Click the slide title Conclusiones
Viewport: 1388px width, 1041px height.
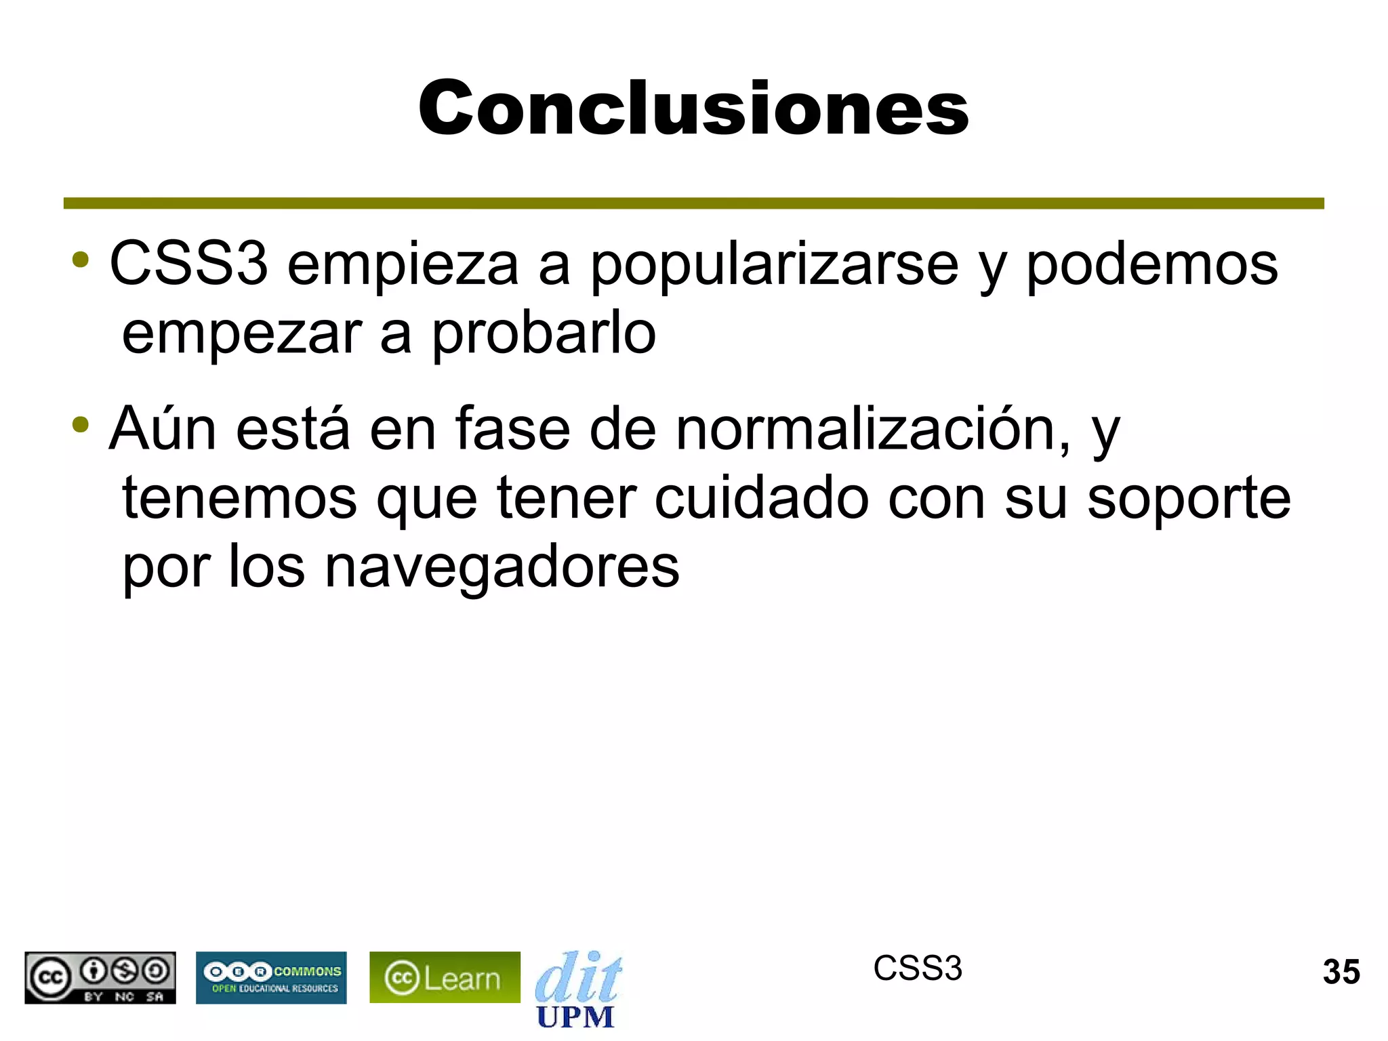click(693, 108)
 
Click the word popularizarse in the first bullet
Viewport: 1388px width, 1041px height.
click(775, 266)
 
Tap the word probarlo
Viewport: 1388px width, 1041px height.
click(544, 334)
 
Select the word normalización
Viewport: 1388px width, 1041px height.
click(873, 430)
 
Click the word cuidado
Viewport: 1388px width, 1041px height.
click(761, 499)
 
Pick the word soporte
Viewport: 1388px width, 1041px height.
click(1189, 499)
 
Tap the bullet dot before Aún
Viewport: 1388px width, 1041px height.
click(81, 426)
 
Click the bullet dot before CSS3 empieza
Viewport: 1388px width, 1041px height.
click(81, 260)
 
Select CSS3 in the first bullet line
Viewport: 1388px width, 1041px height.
click(188, 264)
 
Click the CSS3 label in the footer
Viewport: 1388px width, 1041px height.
click(917, 968)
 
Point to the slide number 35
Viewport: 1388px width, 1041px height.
click(1341, 972)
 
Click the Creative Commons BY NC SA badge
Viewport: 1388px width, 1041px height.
click(100, 977)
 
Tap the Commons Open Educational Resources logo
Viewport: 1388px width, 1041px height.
click(271, 977)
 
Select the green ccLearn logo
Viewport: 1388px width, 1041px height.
click(445, 977)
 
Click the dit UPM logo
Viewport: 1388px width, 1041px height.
click(577, 988)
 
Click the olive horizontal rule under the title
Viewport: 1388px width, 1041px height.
click(693, 203)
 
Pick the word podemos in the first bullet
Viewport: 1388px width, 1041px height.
click(1151, 266)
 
